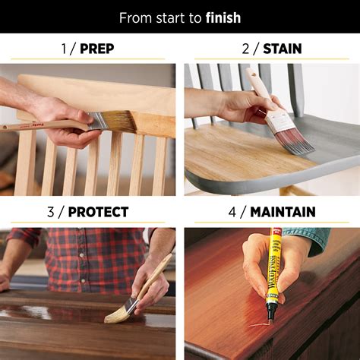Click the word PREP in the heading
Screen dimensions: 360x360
coord(96,49)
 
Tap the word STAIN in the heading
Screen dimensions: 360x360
coord(282,49)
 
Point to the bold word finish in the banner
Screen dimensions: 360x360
coord(223,17)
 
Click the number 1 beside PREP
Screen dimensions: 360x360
coord(64,49)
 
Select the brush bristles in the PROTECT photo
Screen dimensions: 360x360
coord(118,312)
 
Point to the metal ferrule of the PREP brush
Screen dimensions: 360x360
coord(96,121)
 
